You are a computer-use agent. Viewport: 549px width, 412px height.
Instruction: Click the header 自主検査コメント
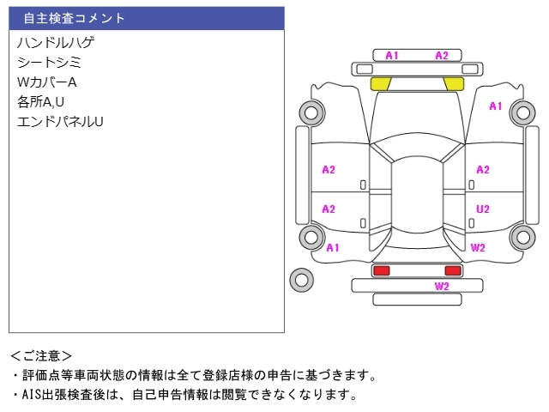[x=74, y=18]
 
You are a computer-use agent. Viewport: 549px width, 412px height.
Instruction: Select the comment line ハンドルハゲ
[x=55, y=42]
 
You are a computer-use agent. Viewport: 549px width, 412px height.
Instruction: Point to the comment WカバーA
[x=47, y=82]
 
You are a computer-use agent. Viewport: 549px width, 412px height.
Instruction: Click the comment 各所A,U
[x=41, y=101]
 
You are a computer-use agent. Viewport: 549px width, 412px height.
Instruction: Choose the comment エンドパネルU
[x=60, y=121]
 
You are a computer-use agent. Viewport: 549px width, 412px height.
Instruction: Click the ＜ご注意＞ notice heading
[x=42, y=355]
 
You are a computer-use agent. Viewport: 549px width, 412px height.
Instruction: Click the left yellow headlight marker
[x=380, y=83]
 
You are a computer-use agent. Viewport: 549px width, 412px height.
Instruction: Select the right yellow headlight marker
[x=453, y=83]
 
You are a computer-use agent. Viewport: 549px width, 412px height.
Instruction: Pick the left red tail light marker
[x=380, y=270]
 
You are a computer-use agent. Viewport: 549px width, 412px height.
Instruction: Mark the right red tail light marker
[x=453, y=270]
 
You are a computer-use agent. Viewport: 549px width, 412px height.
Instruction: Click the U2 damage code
[x=483, y=209]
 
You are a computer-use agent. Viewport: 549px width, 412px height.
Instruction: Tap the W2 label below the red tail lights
[x=442, y=286]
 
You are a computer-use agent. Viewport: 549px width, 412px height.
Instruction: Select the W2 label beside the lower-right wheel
[x=478, y=247]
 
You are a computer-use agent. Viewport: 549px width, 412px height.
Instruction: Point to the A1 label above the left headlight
[x=391, y=56]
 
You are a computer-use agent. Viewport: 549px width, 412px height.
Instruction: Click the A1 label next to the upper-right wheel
[x=495, y=106]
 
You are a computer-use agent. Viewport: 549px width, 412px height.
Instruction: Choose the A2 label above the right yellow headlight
[x=442, y=56]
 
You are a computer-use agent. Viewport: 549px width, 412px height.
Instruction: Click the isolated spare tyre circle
[x=301, y=278]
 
